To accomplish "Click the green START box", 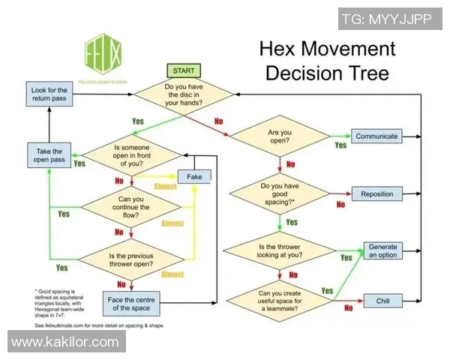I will (183, 70).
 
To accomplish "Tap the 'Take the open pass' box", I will (49, 156).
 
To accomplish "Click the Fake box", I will (194, 177).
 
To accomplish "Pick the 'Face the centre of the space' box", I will (131, 304).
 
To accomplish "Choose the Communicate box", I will (376, 136).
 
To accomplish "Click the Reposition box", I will (376, 194).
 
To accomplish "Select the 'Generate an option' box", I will (382, 250).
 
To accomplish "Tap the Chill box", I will (376, 301).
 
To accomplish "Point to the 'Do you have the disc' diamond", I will (184, 95).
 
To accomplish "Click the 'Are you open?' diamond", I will (279, 136).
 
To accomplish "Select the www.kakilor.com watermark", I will (65, 342).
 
